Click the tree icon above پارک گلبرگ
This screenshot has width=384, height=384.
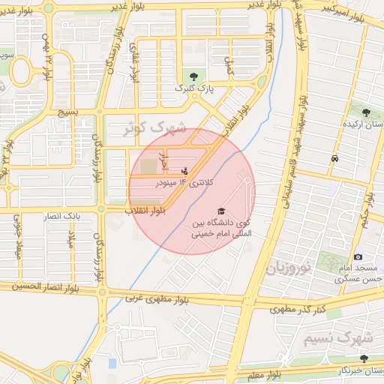[x=195, y=76]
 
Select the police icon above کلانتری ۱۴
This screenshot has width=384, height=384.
[x=184, y=171]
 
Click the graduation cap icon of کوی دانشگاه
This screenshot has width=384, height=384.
[x=220, y=211]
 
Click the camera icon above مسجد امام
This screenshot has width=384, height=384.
[x=358, y=257]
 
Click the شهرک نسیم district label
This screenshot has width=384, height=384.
[x=337, y=339]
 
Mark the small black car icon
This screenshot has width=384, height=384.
[x=334, y=159]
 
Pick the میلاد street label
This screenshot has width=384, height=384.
[x=72, y=239]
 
